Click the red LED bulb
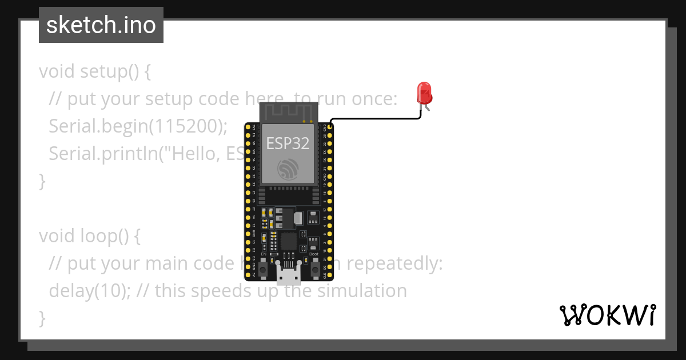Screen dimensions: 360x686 click(424, 92)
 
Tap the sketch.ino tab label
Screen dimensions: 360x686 click(101, 25)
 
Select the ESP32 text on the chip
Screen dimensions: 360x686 click(288, 143)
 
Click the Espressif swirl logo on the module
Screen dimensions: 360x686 click(288, 169)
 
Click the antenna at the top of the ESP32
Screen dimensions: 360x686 click(288, 112)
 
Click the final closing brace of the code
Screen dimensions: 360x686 click(42, 318)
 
